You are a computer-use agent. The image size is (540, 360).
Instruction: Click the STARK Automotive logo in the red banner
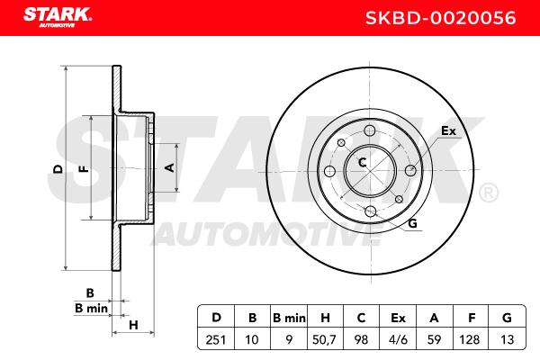[58, 17]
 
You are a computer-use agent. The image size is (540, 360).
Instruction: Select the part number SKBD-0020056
[440, 18]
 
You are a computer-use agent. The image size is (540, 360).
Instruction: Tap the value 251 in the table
[216, 339]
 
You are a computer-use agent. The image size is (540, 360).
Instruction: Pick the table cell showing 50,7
[324, 340]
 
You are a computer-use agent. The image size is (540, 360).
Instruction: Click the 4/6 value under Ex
[398, 339]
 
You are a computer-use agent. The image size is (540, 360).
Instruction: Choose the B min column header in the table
[289, 318]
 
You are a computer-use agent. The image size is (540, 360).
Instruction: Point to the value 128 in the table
[470, 339]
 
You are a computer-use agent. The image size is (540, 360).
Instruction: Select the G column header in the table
[507, 318]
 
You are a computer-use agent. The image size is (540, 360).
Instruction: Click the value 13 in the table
[507, 339]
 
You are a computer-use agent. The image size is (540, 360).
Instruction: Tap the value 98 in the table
[361, 339]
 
